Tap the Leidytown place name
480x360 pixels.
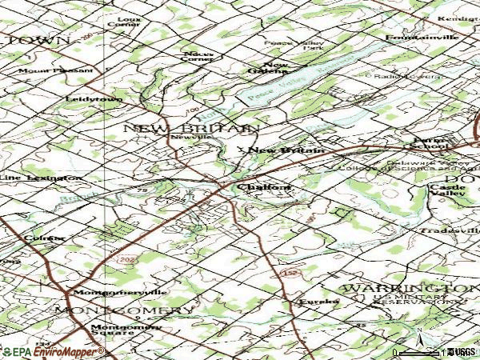coord(94,98)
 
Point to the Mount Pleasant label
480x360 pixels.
coord(59,70)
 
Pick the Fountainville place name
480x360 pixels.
coord(422,38)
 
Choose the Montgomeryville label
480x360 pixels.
coord(104,292)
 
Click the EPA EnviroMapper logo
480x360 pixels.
coord(53,351)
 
